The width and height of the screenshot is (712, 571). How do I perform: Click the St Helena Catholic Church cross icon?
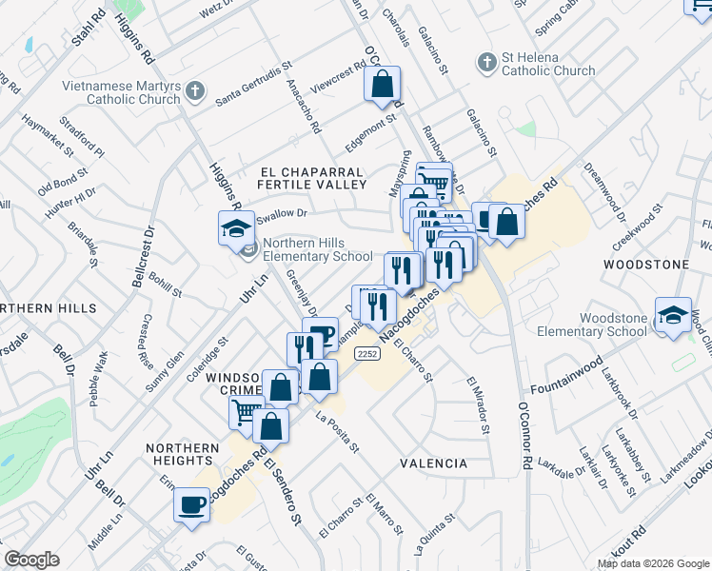click(x=486, y=62)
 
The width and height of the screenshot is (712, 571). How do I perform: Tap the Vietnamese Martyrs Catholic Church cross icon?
click(x=195, y=92)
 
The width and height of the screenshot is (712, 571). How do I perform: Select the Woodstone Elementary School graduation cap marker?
click(x=673, y=317)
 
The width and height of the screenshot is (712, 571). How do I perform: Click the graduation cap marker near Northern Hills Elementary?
click(x=234, y=228)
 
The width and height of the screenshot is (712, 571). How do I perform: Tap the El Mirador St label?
click(x=477, y=405)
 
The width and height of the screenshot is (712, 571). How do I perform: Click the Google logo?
click(x=31, y=560)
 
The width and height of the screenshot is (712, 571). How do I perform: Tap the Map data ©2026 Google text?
click(x=652, y=563)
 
